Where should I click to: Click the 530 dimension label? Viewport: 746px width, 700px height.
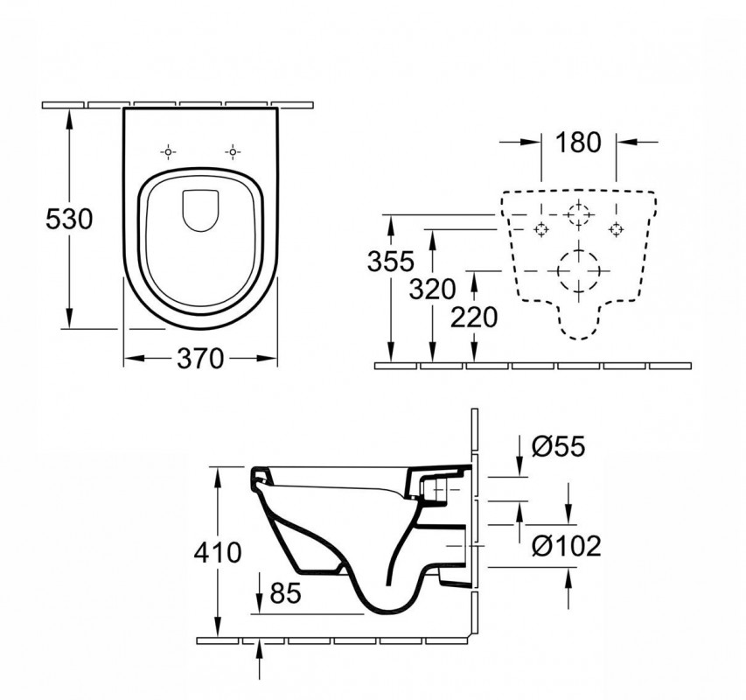point(69,220)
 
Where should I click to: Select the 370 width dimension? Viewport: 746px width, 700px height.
point(199,359)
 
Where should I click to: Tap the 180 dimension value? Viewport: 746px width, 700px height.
point(578,143)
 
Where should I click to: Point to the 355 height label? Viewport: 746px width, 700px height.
point(391,262)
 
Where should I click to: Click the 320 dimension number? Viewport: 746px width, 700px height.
point(433,289)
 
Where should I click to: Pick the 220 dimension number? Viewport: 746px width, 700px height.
point(474,318)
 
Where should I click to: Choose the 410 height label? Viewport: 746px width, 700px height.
point(218,552)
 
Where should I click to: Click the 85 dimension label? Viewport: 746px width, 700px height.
point(285,593)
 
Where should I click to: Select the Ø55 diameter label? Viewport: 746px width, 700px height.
point(559,446)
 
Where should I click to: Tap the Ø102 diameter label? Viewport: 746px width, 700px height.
point(567,545)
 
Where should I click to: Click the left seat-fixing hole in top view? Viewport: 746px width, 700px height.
point(168,152)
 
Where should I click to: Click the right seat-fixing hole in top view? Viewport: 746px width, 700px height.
point(232,152)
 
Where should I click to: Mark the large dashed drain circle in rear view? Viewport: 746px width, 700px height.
point(579,270)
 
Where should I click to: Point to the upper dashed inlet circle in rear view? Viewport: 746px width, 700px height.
point(579,214)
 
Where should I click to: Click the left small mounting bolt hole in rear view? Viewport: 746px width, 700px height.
point(541,230)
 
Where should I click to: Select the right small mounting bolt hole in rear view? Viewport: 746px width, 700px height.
point(616,230)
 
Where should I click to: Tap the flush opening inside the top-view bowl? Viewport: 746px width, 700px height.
point(200,211)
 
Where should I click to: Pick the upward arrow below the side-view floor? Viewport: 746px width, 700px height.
point(259,659)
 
